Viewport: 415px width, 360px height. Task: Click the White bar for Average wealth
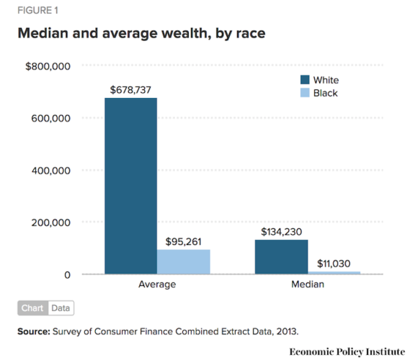pos(130,186)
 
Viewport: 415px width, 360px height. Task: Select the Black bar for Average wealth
pos(183,261)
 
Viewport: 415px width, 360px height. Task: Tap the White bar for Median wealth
pos(282,256)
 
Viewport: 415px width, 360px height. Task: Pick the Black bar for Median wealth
pos(334,272)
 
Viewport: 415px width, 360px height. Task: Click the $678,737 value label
pos(130,90)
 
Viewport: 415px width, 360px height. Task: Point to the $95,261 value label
pos(183,242)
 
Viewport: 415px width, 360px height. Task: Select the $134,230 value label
pos(282,232)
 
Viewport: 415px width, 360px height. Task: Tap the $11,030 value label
pos(334,264)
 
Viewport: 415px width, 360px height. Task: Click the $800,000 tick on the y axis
pos(48,66)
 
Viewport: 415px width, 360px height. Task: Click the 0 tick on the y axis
pos(66,275)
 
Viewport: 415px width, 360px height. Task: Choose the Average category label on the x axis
pos(157,285)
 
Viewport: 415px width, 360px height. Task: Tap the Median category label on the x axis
pos(308,285)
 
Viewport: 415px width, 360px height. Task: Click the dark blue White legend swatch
pos(305,80)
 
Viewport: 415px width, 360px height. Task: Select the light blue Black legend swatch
pos(305,93)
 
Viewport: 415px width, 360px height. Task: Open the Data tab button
pos(61,308)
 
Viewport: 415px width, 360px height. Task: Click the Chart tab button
pos(32,308)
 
